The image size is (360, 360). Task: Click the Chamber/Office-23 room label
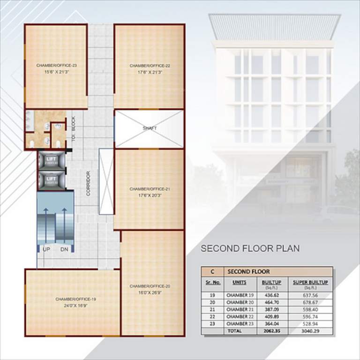[x=56, y=66]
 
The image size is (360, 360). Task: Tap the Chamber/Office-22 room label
[x=150, y=66]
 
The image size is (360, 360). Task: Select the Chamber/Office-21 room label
[x=150, y=189]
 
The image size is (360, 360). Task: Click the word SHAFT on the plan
[x=150, y=128]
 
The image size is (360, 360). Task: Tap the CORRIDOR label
[x=88, y=183]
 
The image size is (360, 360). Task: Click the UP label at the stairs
[x=46, y=249]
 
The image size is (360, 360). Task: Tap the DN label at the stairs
[x=64, y=249]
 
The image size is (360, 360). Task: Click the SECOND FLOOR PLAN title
[x=250, y=248]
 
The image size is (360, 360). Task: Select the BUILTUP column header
[x=271, y=283]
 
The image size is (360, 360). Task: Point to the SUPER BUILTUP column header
[x=310, y=283]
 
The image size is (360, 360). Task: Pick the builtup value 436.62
[x=271, y=296]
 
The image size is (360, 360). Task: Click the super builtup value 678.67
[x=310, y=303]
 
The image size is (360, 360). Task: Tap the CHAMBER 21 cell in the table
[x=240, y=310]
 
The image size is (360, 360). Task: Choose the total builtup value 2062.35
[x=271, y=331]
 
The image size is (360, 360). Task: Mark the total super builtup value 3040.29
[x=310, y=331]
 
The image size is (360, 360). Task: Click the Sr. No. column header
[x=213, y=283]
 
